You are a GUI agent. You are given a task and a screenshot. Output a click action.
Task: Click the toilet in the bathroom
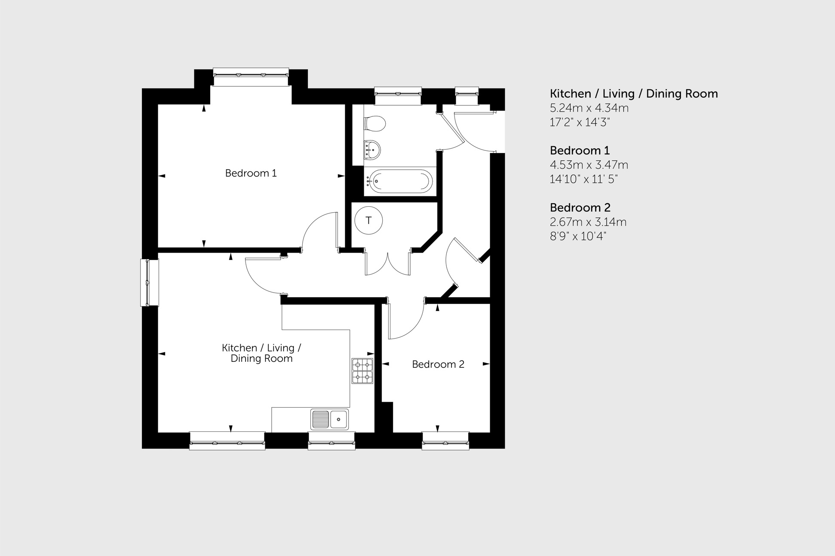[375, 124]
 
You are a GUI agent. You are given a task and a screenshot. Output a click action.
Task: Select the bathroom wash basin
[372, 150]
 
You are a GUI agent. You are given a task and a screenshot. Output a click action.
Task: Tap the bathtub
[400, 181]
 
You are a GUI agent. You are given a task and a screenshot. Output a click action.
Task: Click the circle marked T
[368, 220]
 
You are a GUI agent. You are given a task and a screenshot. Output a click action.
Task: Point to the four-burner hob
[362, 371]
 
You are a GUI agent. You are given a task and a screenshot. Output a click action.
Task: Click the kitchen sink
[330, 419]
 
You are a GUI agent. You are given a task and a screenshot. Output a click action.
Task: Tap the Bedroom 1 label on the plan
[251, 173]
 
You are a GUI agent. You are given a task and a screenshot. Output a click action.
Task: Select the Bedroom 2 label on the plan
[438, 364]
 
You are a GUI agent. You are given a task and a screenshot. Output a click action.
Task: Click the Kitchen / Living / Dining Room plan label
[261, 353]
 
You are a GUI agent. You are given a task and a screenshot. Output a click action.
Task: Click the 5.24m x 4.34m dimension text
[589, 108]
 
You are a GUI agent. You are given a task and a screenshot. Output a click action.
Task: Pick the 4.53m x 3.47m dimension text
[589, 165]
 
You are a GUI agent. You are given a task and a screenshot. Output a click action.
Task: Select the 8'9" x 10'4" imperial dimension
[578, 236]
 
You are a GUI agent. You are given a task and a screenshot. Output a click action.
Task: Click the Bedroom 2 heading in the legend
[580, 208]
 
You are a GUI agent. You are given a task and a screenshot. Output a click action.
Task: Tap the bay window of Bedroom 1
[251, 77]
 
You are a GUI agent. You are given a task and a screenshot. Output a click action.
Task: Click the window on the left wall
[149, 282]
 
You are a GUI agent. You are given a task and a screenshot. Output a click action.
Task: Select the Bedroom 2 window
[445, 441]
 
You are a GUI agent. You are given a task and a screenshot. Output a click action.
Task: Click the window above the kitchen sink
[332, 441]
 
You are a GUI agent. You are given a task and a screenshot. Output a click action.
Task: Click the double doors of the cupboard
[387, 263]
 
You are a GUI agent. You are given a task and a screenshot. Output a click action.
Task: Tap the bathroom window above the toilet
[398, 96]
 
